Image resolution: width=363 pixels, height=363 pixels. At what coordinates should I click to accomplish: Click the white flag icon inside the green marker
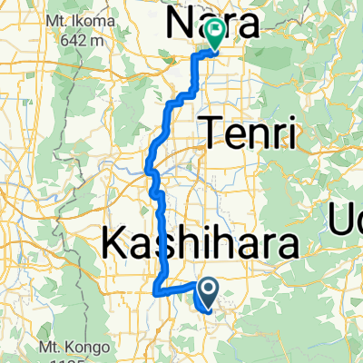215,33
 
